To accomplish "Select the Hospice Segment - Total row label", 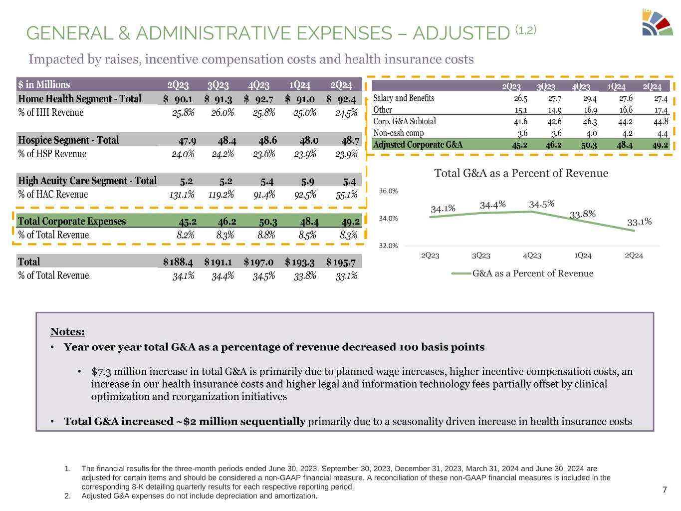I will tap(68, 140).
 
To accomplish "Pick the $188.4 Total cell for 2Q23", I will tap(178, 262).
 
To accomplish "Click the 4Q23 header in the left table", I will tap(258, 85).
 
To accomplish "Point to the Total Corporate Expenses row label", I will tap(72, 222).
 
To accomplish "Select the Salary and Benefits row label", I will tap(404, 98).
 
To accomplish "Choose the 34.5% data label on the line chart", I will tap(542, 204).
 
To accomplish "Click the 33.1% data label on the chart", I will tap(639, 222).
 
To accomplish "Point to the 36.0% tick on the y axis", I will tap(388, 191).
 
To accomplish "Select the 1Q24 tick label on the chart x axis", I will tap(583, 256).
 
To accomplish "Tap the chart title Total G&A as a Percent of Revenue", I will tap(521, 174).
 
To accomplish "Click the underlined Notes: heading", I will tap(67, 332).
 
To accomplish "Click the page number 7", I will tap(664, 490).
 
